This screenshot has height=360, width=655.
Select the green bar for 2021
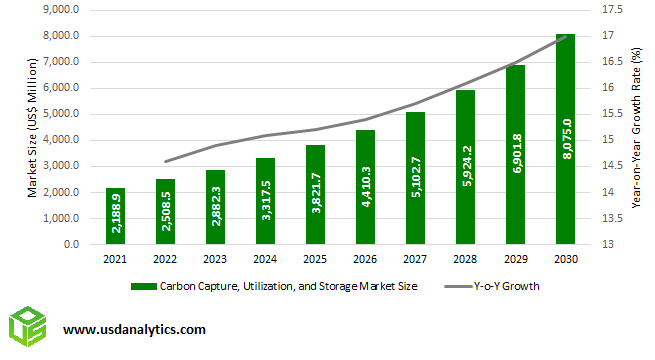click(x=116, y=215)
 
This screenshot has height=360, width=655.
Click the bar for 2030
click(x=566, y=140)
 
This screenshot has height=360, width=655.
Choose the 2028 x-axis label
click(x=466, y=258)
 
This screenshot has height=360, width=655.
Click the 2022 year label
click(x=166, y=258)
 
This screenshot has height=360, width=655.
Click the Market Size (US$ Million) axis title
click(x=33, y=127)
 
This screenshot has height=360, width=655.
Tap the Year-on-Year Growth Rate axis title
click(x=636, y=127)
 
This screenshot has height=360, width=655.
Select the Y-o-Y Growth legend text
click(x=506, y=286)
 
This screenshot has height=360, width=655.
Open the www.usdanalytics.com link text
click(x=135, y=328)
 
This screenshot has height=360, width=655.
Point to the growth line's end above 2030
click(x=566, y=36)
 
